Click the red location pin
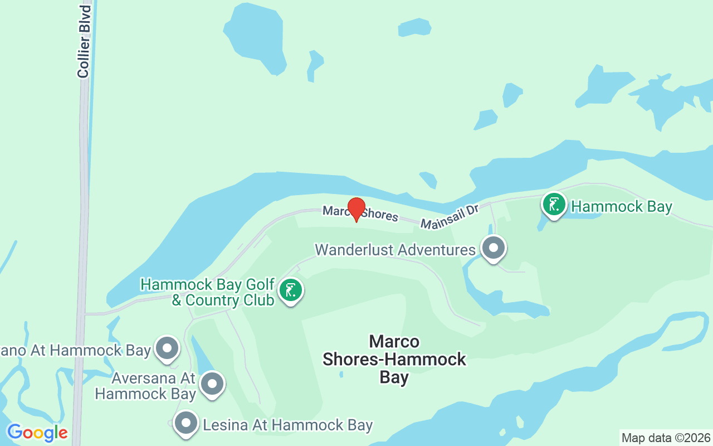[x=356, y=209]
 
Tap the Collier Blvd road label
[x=84, y=42]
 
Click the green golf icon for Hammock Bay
[x=554, y=205]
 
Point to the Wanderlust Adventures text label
[x=395, y=249]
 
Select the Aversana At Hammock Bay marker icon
[x=212, y=384]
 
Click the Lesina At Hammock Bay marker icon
[x=185, y=423]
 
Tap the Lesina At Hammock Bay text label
[x=287, y=425]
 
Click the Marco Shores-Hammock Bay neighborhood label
[x=394, y=359]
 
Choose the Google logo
[x=37, y=432]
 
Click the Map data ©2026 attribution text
[x=666, y=438]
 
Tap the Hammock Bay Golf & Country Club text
[x=207, y=292]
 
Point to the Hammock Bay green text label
[x=622, y=207]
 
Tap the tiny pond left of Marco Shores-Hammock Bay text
[x=341, y=374]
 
